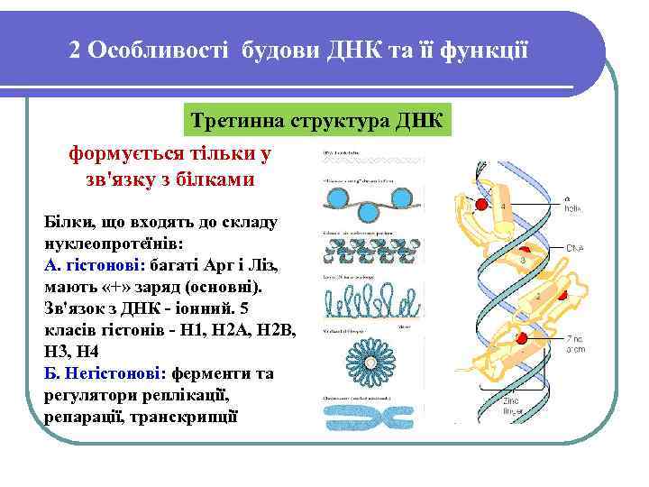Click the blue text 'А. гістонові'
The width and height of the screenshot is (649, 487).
coord(86,265)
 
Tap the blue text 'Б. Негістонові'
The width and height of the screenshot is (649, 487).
coord(95,373)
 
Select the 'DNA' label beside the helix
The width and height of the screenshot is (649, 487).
coord(577,247)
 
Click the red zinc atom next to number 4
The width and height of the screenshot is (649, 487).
coord(481,206)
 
